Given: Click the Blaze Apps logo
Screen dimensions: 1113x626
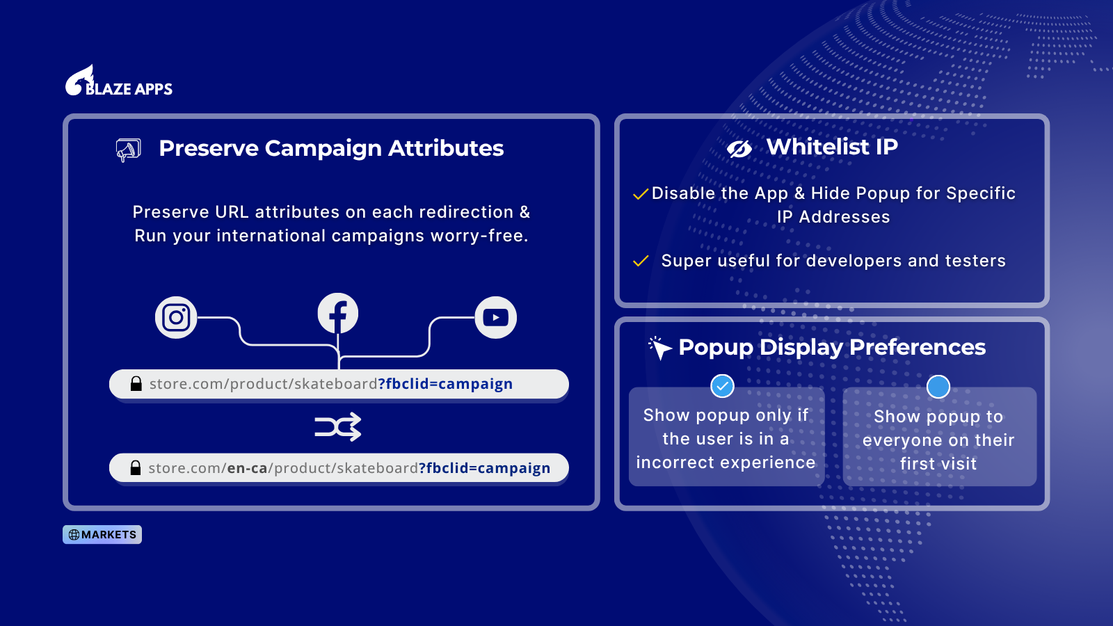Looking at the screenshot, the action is point(119,81).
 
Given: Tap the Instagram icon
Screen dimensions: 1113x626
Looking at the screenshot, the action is point(176,317).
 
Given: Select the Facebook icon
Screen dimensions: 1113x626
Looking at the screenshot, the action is point(338,314).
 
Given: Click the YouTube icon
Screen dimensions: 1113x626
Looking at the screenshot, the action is point(496,317).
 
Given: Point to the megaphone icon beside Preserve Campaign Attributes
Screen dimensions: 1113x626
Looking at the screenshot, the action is point(128,150).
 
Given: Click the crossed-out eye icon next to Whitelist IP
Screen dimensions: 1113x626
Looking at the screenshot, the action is point(739,148).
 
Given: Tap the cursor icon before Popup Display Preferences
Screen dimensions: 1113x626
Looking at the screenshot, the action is point(660,348).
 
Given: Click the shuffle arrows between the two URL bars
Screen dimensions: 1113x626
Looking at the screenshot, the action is point(338,427).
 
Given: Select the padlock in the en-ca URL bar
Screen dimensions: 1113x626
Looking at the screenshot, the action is point(135,467).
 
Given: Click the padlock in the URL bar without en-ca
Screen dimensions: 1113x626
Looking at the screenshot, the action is point(136,383).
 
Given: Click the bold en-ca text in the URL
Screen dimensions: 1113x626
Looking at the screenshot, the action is point(247,468).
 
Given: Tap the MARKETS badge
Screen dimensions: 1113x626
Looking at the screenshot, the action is point(102,535).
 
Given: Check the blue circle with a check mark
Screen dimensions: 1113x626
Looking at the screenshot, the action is point(722,386).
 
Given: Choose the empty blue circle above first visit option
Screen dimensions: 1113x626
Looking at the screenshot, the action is point(938,387).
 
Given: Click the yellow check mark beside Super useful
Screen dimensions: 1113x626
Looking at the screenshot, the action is point(641,261).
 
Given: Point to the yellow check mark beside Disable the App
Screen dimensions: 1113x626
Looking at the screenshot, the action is point(641,194).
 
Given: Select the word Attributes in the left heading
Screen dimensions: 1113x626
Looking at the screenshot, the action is point(446,148).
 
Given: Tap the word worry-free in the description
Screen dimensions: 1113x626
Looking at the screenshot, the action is point(479,236).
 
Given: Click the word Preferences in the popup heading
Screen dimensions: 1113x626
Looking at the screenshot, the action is point(918,347).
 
